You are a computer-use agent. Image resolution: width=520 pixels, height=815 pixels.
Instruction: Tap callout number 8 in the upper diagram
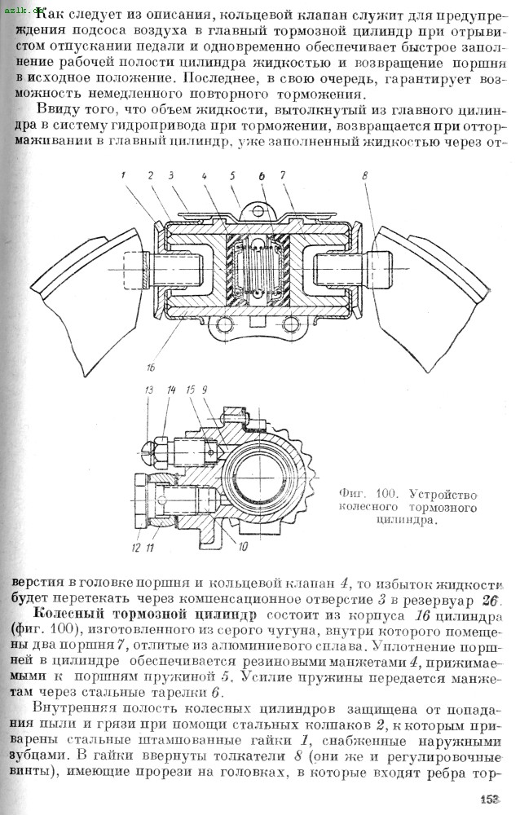click(364, 175)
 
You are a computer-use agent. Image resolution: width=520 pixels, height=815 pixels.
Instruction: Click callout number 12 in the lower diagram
click(136, 546)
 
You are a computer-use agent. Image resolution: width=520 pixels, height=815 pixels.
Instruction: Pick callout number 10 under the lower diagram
click(244, 546)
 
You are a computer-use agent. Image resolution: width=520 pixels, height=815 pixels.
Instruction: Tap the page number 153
click(489, 800)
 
